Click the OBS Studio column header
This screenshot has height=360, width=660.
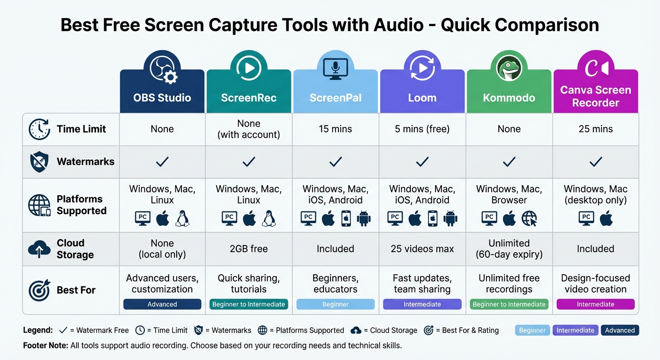(162, 98)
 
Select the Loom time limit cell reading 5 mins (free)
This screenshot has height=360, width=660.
(422, 129)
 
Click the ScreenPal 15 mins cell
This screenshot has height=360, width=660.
(335, 129)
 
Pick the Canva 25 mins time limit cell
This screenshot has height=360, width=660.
(595, 129)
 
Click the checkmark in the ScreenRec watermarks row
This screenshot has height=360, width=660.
(248, 162)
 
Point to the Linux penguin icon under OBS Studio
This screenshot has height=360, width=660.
(182, 218)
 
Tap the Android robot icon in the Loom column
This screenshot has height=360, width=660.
(450, 218)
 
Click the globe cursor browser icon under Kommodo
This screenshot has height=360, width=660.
(529, 218)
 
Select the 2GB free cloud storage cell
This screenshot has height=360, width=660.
(248, 249)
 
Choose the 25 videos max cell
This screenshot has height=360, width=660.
(422, 249)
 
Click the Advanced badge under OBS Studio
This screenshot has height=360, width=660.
(162, 304)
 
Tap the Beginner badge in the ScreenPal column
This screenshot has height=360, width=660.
(335, 304)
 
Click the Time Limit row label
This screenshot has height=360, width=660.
(81, 129)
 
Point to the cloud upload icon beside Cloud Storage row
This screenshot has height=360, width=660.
(39, 249)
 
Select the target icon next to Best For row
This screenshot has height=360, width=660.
(39, 290)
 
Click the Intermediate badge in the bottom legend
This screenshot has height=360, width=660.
(575, 330)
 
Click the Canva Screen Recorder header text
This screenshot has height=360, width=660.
(595, 96)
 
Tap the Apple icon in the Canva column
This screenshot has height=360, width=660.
(606, 218)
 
